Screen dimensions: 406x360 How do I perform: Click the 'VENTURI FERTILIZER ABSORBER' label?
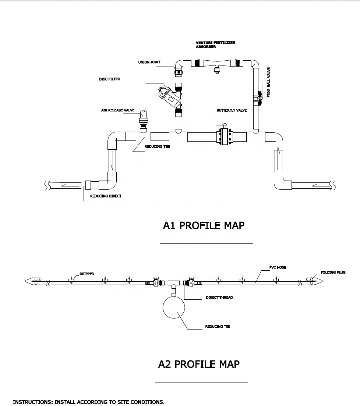point(215,45)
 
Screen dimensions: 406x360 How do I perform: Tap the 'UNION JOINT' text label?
point(144,63)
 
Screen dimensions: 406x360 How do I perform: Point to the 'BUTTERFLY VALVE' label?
point(232,110)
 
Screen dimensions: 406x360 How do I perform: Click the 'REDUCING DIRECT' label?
point(106,196)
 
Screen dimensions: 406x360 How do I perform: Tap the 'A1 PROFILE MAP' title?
point(203,225)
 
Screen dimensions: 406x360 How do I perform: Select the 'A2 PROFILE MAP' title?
point(199,364)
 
